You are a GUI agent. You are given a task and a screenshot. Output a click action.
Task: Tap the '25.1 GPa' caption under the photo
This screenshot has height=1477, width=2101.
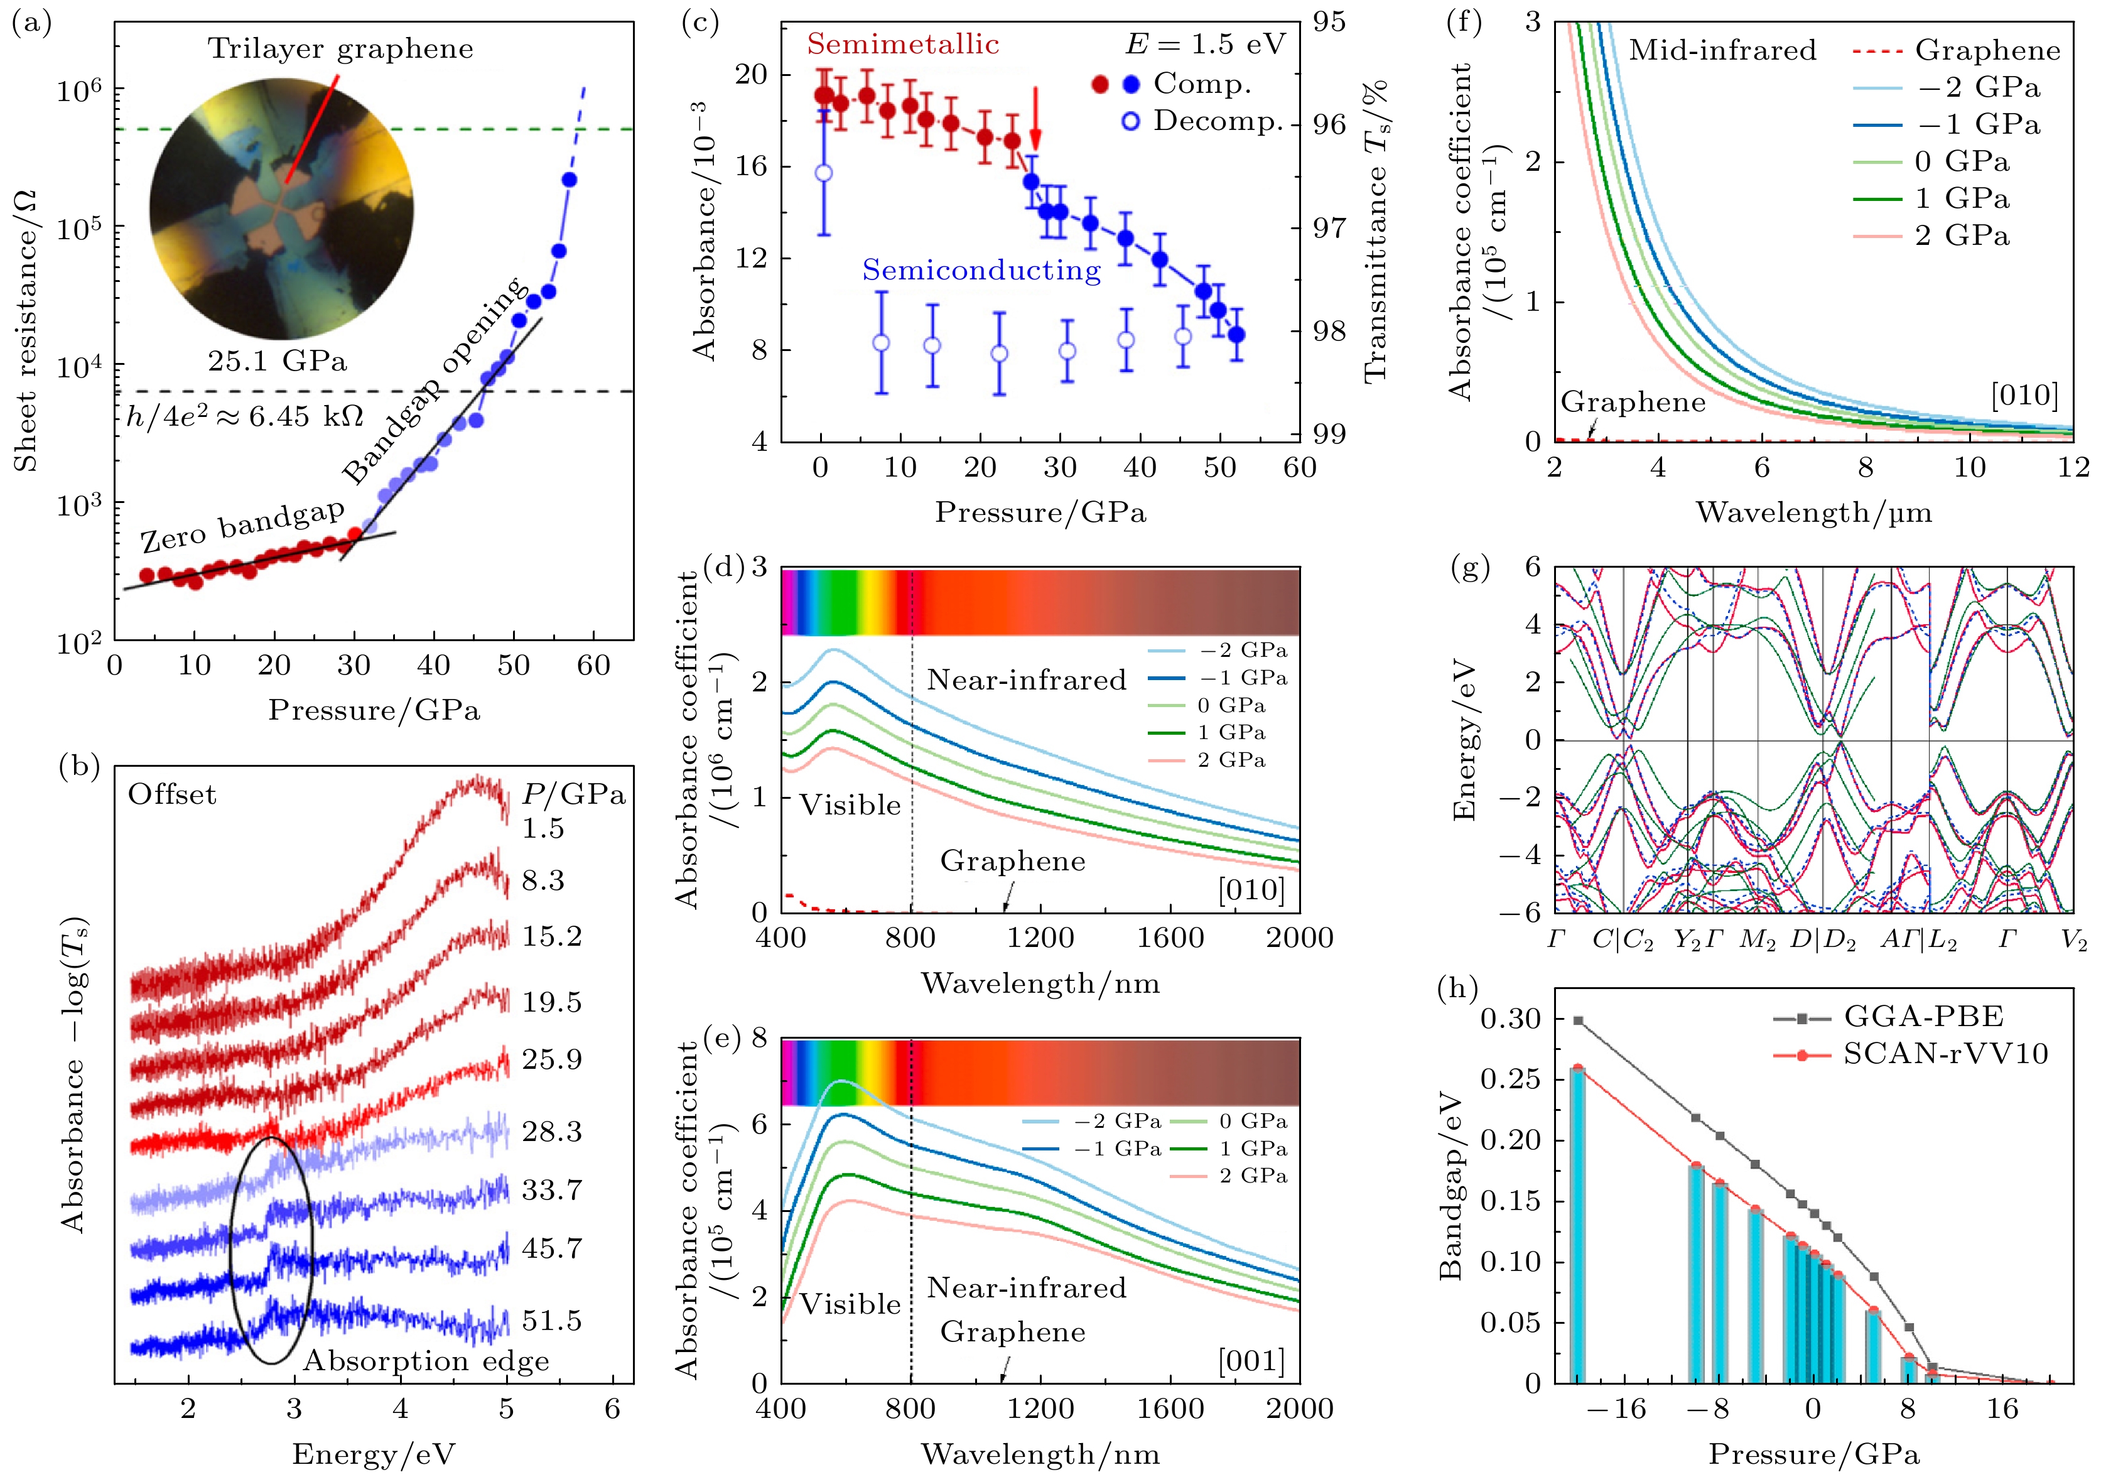pyautogui.click(x=278, y=362)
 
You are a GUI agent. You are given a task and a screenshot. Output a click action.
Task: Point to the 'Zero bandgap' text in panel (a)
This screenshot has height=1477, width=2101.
pyautogui.click(x=242, y=526)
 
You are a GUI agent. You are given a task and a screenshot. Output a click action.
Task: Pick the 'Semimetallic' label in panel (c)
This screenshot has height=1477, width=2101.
pyautogui.click(x=902, y=44)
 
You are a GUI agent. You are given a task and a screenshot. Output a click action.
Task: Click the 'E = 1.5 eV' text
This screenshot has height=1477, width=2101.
pyautogui.click(x=1205, y=44)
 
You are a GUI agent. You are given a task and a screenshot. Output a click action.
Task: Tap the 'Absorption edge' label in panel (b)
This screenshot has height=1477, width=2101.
pyautogui.click(x=426, y=1361)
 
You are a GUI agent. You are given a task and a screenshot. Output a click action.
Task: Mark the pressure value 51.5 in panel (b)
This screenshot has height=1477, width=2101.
pyautogui.click(x=552, y=1321)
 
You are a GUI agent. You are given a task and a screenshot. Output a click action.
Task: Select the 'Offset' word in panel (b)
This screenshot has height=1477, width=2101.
pyautogui.click(x=172, y=794)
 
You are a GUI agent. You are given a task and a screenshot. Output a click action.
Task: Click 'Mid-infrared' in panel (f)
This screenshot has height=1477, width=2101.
pyautogui.click(x=1722, y=50)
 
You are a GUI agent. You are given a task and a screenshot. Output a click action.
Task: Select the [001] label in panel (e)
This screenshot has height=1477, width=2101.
pyautogui.click(x=1251, y=1361)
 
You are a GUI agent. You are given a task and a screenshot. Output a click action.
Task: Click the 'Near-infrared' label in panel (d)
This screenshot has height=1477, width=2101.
pyautogui.click(x=1026, y=680)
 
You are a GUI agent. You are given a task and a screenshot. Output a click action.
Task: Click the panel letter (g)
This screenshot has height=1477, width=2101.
pyautogui.click(x=1471, y=568)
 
